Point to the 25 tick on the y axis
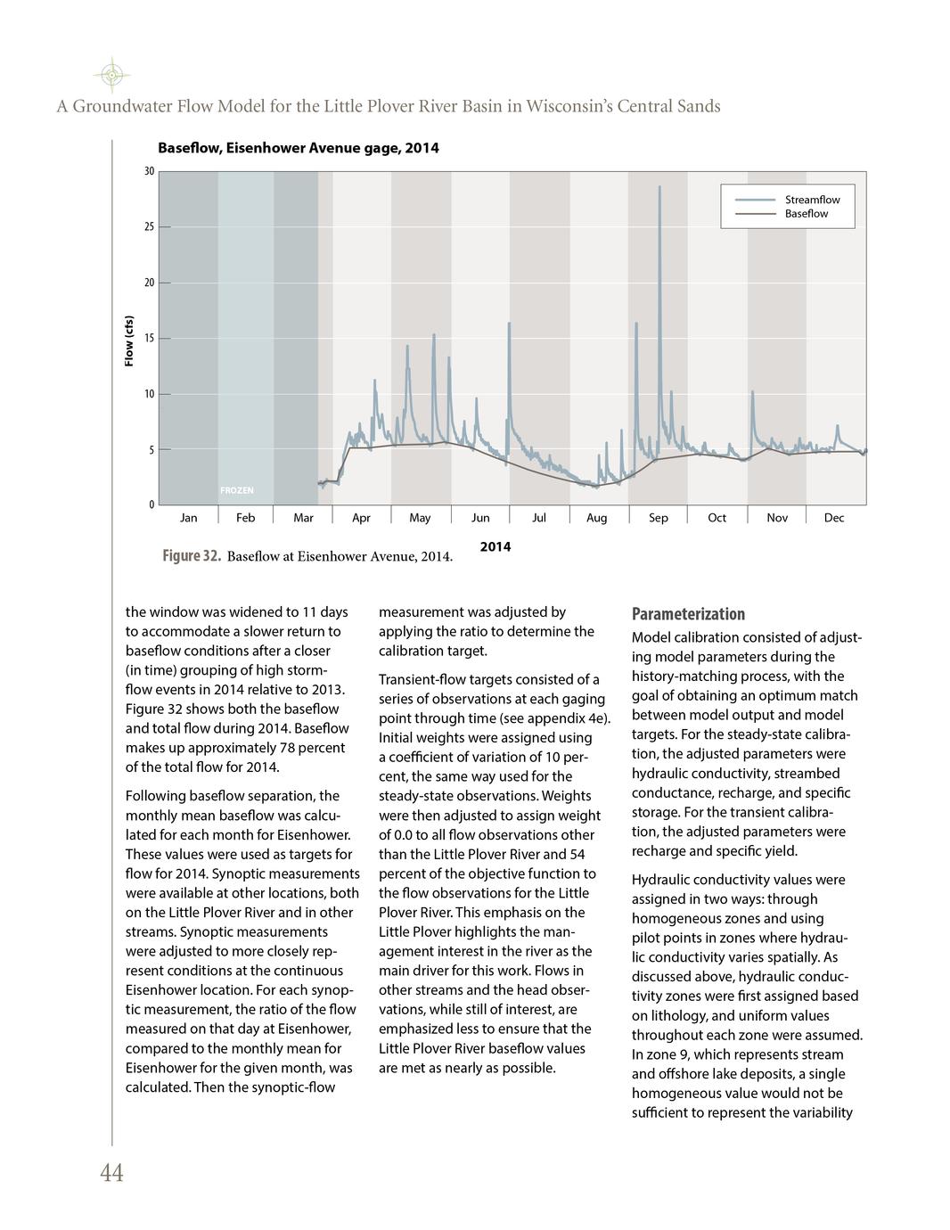tap(150, 227)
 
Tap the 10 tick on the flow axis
tap(150, 394)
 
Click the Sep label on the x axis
tap(659, 518)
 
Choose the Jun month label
tap(480, 518)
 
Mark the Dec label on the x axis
tap(834, 518)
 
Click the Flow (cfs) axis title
tap(129, 341)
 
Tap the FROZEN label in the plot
tap(237, 490)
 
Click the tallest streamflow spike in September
tap(659, 188)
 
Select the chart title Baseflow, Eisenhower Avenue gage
tap(298, 148)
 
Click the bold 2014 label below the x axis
tap(495, 546)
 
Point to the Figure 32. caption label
tap(192, 556)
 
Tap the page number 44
tap(111, 1174)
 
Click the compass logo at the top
tap(111, 75)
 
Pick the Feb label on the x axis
tap(245, 518)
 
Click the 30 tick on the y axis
tap(150, 171)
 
